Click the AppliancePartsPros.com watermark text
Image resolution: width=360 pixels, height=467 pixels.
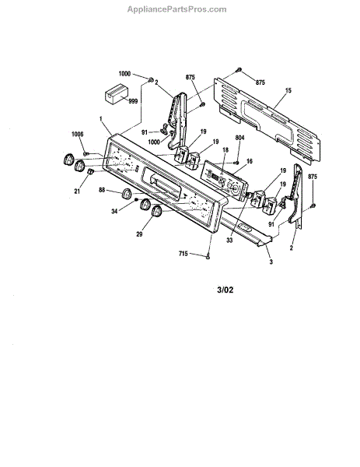(177, 9)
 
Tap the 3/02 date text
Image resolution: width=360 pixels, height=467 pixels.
(225, 290)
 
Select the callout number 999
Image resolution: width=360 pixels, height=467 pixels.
(133, 101)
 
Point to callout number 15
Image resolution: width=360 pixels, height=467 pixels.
(288, 90)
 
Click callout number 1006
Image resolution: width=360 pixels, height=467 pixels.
(77, 135)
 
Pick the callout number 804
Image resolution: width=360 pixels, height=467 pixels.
(239, 138)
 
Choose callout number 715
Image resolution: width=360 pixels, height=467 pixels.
(183, 254)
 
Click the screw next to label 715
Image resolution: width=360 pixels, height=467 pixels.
(208, 256)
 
